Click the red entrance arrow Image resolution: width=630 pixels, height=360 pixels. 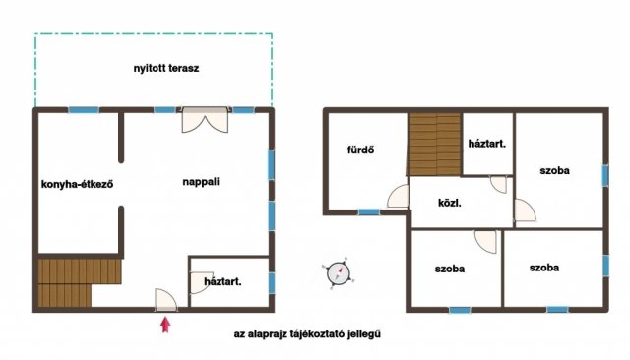pyautogui.click(x=165, y=325)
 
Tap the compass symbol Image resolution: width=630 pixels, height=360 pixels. pyautogui.click(x=339, y=273)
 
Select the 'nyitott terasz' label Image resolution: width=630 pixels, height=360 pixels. pyautogui.click(x=166, y=68)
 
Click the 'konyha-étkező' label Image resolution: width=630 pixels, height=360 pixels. pyautogui.click(x=77, y=184)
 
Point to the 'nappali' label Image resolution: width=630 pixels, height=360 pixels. pyautogui.click(x=201, y=182)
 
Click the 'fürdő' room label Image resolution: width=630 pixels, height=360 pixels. pyautogui.click(x=361, y=150)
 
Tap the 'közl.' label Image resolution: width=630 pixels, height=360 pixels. pyautogui.click(x=450, y=203)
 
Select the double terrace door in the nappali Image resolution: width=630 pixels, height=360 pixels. pyautogui.click(x=206, y=120)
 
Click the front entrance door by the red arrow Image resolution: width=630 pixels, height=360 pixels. pyautogui.click(x=166, y=300)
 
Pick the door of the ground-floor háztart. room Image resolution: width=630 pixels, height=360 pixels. pyautogui.click(x=200, y=282)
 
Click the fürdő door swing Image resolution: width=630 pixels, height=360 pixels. pyautogui.click(x=398, y=197)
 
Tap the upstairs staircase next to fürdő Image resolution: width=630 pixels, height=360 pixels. pyautogui.click(x=435, y=144)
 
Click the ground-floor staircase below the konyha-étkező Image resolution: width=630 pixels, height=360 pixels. pyautogui.click(x=79, y=282)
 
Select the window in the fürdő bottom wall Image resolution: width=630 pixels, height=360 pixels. pyautogui.click(x=369, y=211)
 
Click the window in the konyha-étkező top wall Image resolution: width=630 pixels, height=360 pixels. pyautogui.click(x=84, y=110)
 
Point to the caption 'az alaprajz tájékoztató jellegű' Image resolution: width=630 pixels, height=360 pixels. pyautogui.click(x=307, y=333)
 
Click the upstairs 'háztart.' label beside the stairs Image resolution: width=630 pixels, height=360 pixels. pyautogui.click(x=487, y=144)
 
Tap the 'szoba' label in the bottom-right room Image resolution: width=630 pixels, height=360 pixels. pyautogui.click(x=544, y=268)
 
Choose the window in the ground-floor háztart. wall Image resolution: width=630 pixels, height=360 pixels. pyautogui.click(x=272, y=282)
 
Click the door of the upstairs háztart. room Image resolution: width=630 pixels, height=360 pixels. pyautogui.click(x=499, y=185)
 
